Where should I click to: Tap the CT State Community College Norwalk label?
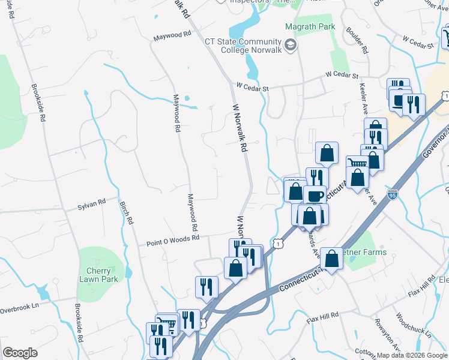[243, 46]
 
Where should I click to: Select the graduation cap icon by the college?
[291, 45]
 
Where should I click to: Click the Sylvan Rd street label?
[91, 207]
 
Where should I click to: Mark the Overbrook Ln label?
[19, 310]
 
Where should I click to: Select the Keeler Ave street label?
[364, 99]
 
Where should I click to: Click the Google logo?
[20, 353]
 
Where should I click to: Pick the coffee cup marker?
[315, 196]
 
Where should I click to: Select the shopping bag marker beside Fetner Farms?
[332, 259]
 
